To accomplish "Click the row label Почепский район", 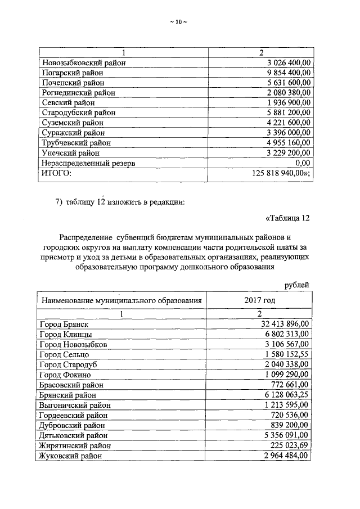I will click(73, 83).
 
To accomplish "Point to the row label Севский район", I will click(69, 103).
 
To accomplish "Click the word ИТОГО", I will click(57, 173).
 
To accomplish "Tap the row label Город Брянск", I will click(65, 325).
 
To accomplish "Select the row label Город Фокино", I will click(65, 375).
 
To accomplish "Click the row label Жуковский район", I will click(71, 456).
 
